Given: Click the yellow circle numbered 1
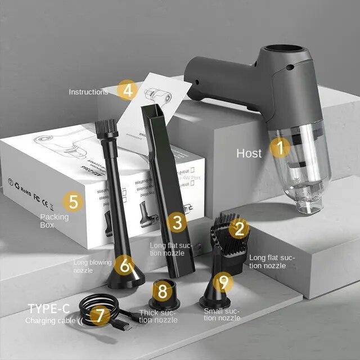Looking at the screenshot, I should [x=280, y=148].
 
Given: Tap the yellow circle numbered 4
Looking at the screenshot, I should [x=128, y=89].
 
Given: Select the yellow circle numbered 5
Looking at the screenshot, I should [x=73, y=200].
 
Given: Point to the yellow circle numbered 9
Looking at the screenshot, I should [x=224, y=282].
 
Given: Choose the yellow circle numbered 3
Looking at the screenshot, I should [x=177, y=222].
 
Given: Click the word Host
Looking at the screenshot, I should [x=249, y=153].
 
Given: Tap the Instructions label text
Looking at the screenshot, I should [x=88, y=92].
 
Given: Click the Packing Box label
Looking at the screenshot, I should [x=54, y=220].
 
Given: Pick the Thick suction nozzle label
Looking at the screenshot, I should [x=158, y=316].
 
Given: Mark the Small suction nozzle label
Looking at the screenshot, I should [x=222, y=314].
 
